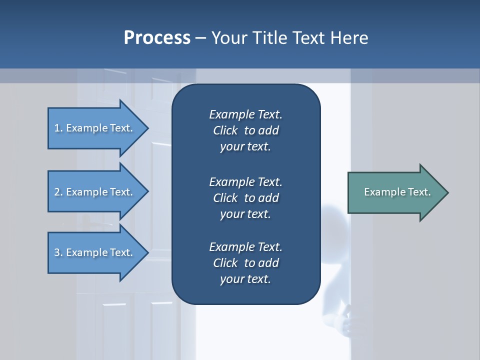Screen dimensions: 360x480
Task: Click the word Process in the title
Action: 157,38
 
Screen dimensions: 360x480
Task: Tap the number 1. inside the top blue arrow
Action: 58,128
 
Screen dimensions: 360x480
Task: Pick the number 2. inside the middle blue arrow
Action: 58,192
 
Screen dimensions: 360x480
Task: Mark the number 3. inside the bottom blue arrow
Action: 58,252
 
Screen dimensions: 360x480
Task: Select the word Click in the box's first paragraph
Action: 225,130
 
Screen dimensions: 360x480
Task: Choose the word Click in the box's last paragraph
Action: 225,263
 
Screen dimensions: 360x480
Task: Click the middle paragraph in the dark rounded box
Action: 245,197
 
